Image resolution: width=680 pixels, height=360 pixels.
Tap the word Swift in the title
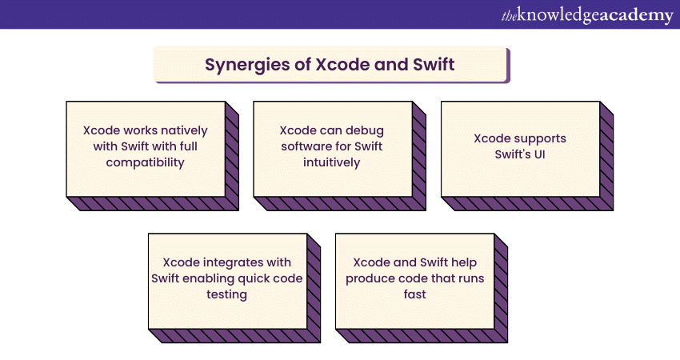pos(434,64)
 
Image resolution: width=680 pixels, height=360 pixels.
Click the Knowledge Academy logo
pos(587,15)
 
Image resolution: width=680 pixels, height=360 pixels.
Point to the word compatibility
pos(146,162)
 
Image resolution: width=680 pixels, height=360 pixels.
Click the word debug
pos(365,131)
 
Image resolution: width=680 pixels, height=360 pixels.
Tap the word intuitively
pos(332,162)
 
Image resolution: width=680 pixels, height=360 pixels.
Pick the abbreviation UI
pos(539,154)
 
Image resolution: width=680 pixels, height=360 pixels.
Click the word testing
pos(227,294)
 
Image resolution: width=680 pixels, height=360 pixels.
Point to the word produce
pos(366,279)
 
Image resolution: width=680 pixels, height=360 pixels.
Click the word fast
pos(415,294)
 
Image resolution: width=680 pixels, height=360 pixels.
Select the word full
pos(189,146)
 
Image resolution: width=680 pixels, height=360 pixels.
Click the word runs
pos(470,279)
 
